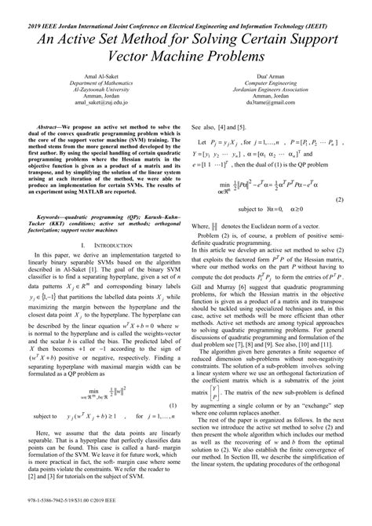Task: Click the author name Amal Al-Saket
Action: (94, 93)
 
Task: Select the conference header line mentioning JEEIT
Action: (186, 5)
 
